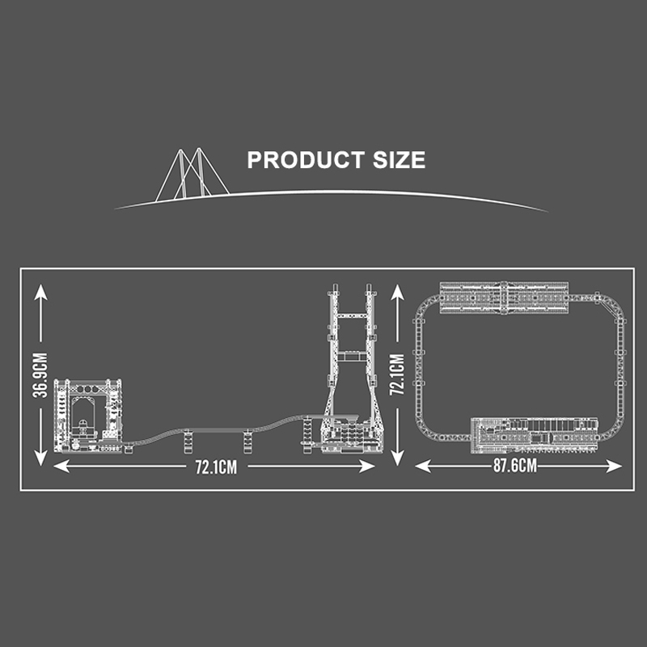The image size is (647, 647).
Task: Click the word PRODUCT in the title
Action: [306, 159]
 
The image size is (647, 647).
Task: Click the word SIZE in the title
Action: [399, 159]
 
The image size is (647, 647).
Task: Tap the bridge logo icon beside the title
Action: [192, 175]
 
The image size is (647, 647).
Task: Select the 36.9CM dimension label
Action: [40, 375]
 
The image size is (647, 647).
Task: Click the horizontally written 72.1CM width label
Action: [216, 467]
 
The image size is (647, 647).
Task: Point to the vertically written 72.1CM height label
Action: [397, 374]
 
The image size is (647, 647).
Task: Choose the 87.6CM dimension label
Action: [515, 466]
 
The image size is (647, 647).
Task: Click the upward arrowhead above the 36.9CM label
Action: [40, 292]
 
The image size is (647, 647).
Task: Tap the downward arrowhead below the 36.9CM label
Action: [40, 458]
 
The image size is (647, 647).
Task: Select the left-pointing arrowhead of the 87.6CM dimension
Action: [422, 467]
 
